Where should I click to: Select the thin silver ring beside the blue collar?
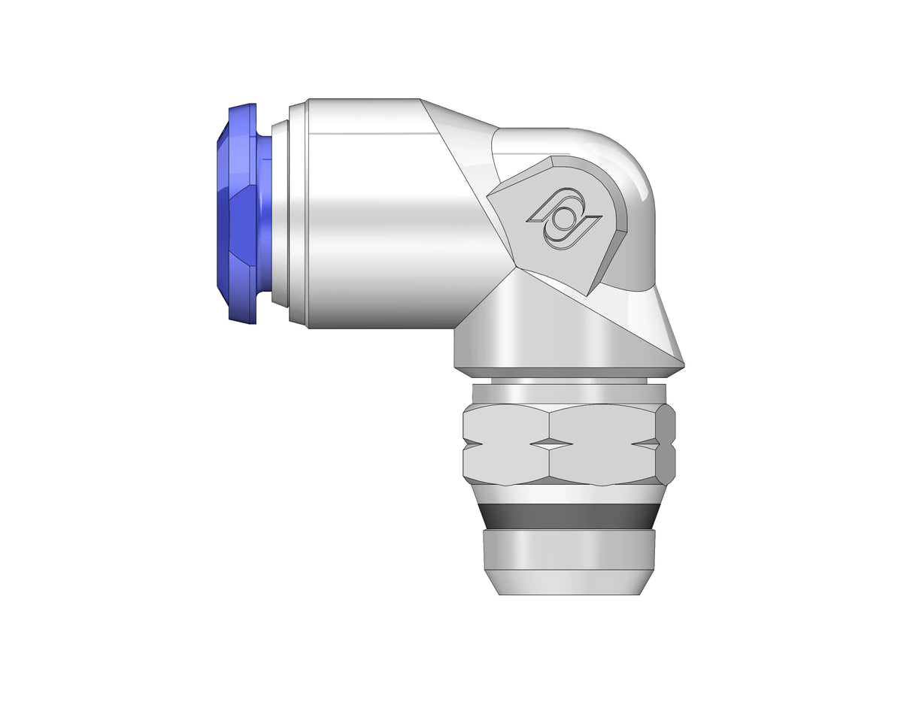click(x=280, y=214)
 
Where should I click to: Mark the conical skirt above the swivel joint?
click(x=572, y=331)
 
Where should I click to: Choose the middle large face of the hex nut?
click(x=602, y=443)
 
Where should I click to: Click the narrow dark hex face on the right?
click(x=666, y=443)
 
